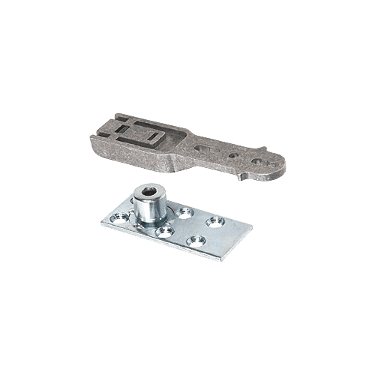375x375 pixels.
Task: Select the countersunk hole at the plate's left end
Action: [115, 218]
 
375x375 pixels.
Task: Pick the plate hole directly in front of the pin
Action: [162, 230]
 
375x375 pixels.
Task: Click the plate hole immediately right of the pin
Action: [184, 213]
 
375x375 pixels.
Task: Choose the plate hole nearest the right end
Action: [216, 221]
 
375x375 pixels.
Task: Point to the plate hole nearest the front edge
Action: [196, 241]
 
